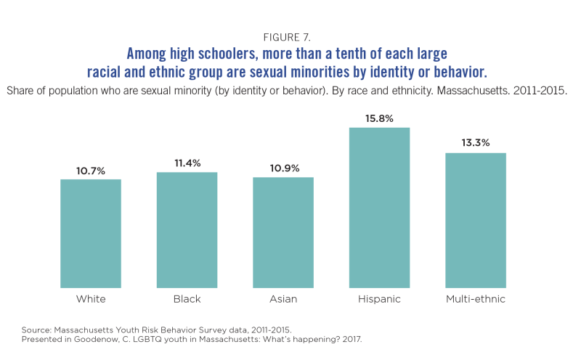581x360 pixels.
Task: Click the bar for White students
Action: [x=91, y=233]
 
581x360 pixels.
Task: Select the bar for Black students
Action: [x=187, y=229]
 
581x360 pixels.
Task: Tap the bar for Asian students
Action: [x=283, y=232]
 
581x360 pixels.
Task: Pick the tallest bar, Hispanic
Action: [x=379, y=208]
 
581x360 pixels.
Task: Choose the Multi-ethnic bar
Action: [x=476, y=220]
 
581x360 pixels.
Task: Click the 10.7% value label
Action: [x=91, y=171]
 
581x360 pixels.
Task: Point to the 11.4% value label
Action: [x=187, y=164]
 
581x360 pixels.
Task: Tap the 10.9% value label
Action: [x=283, y=169]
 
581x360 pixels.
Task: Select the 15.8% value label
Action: [x=379, y=119]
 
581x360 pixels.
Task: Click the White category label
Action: [x=91, y=299]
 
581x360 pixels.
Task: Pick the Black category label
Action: [x=187, y=299]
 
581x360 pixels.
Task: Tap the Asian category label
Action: [x=283, y=299]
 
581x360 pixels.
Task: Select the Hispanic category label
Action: [x=379, y=299]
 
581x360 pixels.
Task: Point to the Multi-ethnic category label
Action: [x=476, y=299]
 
